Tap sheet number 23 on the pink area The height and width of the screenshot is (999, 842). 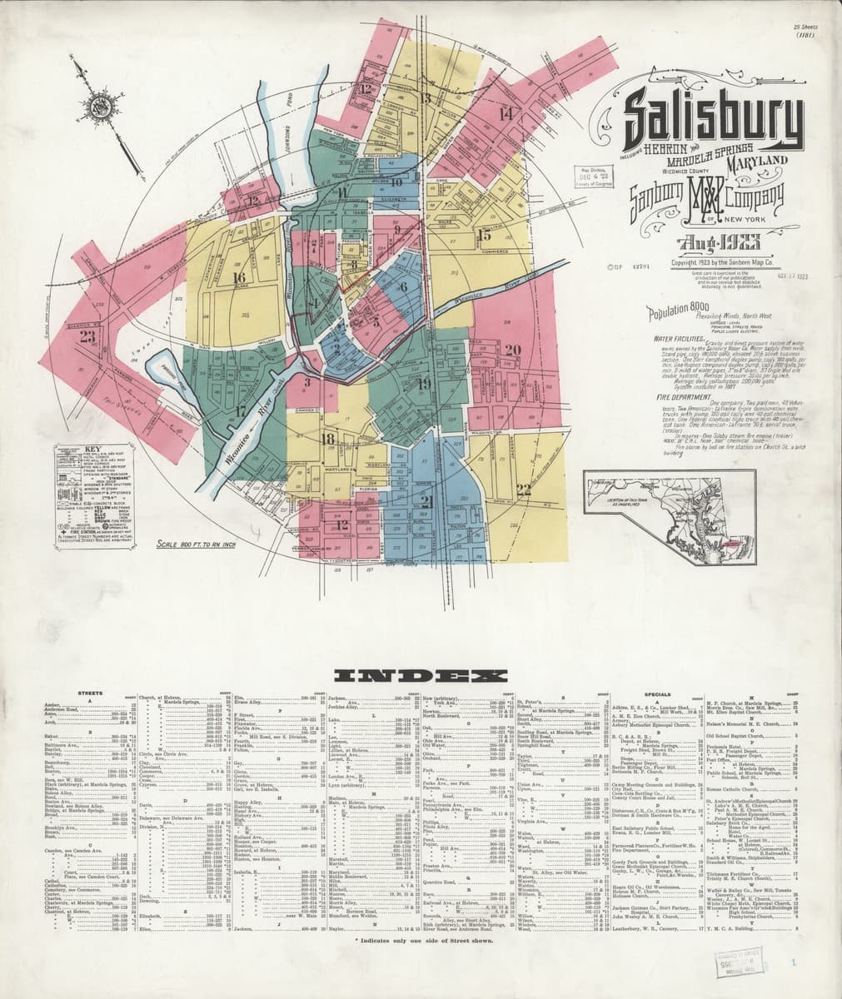[87, 337]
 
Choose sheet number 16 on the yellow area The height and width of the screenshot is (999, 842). [239, 277]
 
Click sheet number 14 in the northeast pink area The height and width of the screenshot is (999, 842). [505, 113]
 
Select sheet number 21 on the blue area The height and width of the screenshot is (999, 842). [428, 500]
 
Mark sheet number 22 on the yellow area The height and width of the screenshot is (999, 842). [523, 488]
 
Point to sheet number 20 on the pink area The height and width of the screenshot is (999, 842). [512, 350]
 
